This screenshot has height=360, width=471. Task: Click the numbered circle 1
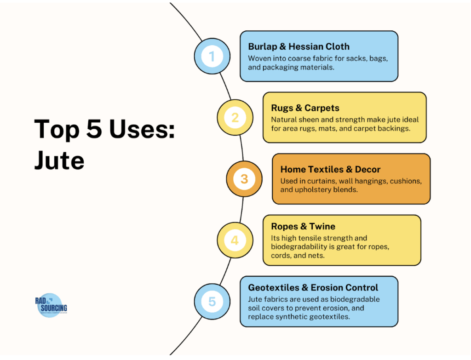[x=212, y=57]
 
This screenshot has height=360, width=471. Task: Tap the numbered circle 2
[x=235, y=117]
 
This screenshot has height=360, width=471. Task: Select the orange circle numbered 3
[x=244, y=178]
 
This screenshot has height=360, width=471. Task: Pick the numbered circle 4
[x=235, y=240]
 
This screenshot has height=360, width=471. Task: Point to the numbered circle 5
[x=212, y=302]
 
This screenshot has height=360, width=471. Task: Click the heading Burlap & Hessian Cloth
[x=299, y=46]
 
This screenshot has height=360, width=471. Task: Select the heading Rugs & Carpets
[x=305, y=108]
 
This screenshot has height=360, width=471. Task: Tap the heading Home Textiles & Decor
[x=330, y=169]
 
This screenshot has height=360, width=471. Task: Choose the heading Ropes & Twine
[x=303, y=226]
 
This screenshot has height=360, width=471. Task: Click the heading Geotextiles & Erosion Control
[x=313, y=288]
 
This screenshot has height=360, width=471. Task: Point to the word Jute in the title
[x=59, y=160]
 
